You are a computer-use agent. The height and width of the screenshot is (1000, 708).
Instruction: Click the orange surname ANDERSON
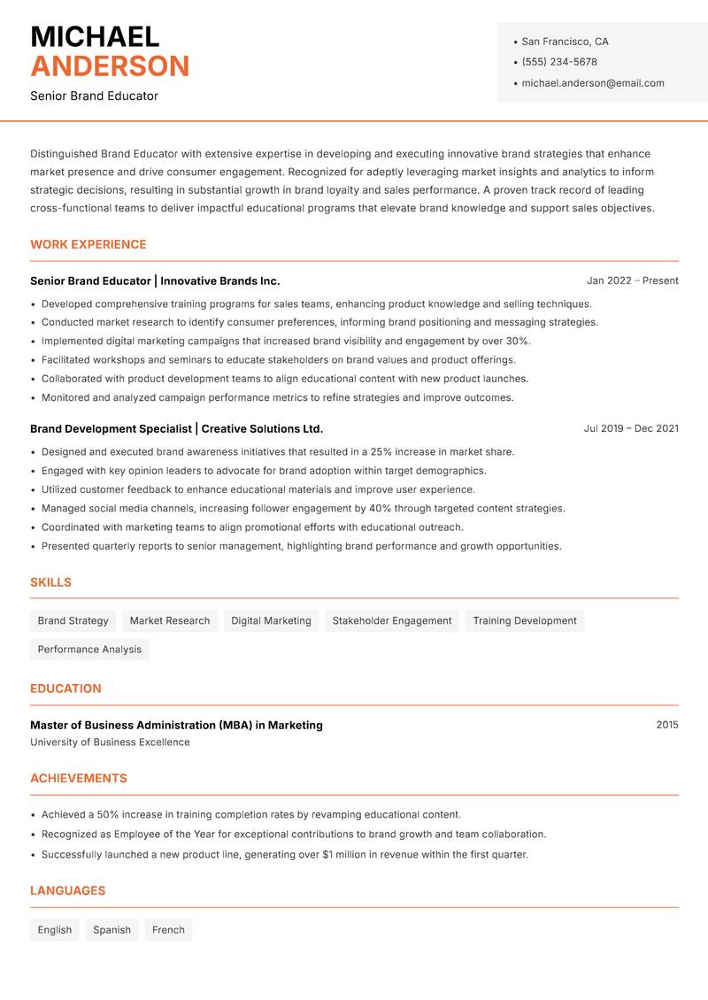[x=110, y=66]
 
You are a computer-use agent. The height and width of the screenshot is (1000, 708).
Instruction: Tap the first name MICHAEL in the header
[x=95, y=36]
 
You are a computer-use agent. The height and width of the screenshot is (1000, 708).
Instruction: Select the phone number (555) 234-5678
[x=559, y=62]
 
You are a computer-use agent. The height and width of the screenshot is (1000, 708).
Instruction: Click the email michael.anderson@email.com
[x=593, y=83]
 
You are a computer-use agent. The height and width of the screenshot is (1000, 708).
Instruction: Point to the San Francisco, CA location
[x=565, y=42]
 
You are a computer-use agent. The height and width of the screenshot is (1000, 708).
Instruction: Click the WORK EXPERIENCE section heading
[x=88, y=244]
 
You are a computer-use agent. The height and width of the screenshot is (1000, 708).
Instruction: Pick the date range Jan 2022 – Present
[x=632, y=281]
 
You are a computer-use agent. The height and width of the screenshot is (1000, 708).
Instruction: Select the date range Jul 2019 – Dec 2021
[x=631, y=428]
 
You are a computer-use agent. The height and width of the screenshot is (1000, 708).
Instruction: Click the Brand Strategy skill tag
[x=73, y=620]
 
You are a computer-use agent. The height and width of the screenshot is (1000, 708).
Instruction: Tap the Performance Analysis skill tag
[x=89, y=649]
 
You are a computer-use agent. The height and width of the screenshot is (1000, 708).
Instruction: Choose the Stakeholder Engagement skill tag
[x=392, y=620]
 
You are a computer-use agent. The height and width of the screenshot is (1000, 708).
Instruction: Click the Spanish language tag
[x=112, y=929]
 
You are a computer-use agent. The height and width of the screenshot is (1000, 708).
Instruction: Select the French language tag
[x=168, y=929]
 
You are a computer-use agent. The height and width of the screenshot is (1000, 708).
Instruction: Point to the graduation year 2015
[x=667, y=725]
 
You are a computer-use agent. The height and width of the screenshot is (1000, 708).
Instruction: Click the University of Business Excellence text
[x=110, y=742]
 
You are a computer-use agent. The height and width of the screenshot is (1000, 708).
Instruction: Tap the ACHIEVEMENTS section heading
[x=79, y=778]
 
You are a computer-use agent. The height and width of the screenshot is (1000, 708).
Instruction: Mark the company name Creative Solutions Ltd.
[x=262, y=428]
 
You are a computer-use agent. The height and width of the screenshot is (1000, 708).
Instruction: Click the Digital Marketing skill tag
[x=271, y=620]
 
